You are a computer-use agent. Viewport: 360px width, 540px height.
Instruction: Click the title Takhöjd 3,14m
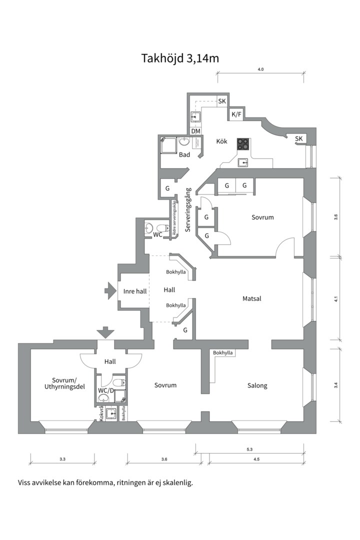(180, 58)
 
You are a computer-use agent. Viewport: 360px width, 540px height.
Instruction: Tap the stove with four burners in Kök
(243, 144)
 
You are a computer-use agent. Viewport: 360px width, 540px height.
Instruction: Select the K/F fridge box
(236, 114)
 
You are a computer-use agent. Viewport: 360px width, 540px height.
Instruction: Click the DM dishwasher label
(195, 131)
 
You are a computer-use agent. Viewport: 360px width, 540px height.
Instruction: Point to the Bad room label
(184, 154)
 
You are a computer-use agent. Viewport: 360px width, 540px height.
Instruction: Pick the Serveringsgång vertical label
(188, 209)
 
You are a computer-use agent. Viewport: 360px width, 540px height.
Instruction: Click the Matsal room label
(252, 298)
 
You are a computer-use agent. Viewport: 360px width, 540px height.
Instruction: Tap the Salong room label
(257, 385)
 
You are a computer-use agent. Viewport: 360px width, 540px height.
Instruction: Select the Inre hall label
(135, 291)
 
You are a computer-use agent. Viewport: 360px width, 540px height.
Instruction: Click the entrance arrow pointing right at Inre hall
(110, 290)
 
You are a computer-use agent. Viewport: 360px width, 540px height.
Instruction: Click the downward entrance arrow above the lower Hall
(105, 332)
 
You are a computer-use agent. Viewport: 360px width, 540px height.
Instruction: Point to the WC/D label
(106, 390)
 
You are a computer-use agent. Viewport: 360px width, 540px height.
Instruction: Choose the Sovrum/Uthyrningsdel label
(65, 383)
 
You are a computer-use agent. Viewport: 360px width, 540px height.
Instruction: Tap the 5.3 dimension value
(250, 449)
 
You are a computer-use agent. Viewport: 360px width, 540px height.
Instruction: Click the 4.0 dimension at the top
(261, 69)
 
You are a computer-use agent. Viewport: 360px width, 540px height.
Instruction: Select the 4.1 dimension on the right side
(336, 299)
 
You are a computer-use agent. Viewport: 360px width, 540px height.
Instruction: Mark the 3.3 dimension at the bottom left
(62, 459)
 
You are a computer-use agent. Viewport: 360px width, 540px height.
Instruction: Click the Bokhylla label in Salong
(223, 352)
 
